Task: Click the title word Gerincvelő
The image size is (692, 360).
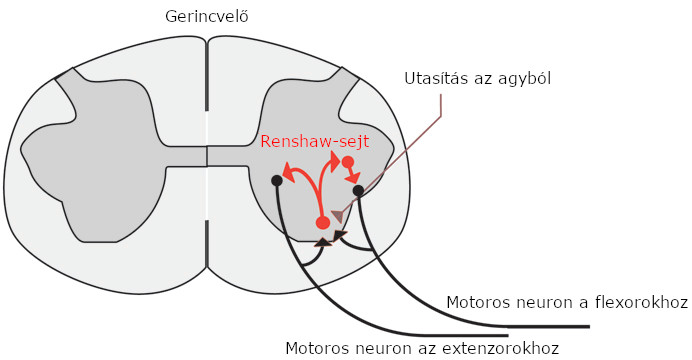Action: coord(206,17)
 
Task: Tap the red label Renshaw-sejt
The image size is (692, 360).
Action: coord(314,142)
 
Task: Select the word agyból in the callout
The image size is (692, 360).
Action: coord(527,78)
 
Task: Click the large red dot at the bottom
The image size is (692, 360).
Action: coord(322,222)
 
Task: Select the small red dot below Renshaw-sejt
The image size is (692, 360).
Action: coord(347,162)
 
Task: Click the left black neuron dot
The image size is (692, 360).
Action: coord(277,181)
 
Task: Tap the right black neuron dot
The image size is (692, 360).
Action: coord(358,190)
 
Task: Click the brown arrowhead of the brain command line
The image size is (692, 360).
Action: coord(339,217)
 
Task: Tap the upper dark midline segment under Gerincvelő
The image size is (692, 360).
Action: coord(207,75)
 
